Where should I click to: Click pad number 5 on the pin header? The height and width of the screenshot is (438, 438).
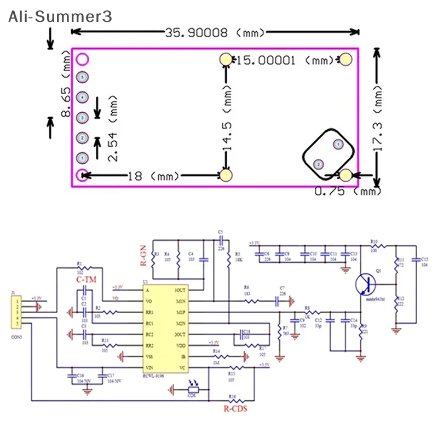tap(82, 78)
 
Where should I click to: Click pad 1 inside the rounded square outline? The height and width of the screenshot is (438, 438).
tap(337, 145)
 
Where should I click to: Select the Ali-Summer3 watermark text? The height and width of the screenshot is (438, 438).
tap(60, 16)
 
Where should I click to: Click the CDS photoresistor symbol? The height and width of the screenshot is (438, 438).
tap(191, 390)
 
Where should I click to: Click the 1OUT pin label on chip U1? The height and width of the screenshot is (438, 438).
tap(181, 291)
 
